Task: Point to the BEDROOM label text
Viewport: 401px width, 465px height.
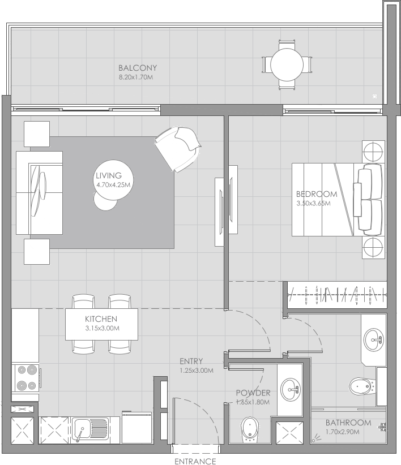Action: coord(317,194)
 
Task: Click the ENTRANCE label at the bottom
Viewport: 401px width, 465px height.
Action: coord(195,461)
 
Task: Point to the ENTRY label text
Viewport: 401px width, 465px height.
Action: coord(191,361)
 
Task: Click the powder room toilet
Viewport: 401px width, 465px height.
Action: coord(249,430)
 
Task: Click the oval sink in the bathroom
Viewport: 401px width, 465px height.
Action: coord(374,339)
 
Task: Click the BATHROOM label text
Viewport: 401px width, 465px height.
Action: coord(348,423)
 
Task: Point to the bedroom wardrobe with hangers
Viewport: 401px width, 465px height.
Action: coord(337,296)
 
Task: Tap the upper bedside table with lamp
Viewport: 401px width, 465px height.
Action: coord(373,152)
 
